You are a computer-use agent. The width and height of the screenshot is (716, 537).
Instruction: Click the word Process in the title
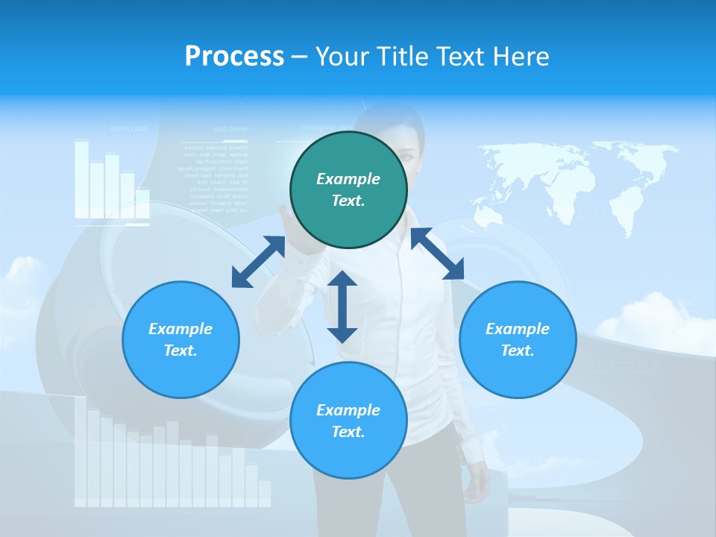pos(234,57)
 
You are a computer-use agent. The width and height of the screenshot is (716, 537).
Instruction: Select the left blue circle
pos(180,339)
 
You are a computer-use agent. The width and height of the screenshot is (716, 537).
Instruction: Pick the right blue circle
pos(518,339)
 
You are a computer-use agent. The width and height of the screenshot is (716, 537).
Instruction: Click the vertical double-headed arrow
pos(342,307)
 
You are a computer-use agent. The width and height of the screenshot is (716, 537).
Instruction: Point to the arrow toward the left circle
pos(258,262)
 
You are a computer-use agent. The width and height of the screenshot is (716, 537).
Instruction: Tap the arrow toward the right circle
pos(437,254)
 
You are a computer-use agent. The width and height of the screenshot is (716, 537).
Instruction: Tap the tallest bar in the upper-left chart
pos(81,179)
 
